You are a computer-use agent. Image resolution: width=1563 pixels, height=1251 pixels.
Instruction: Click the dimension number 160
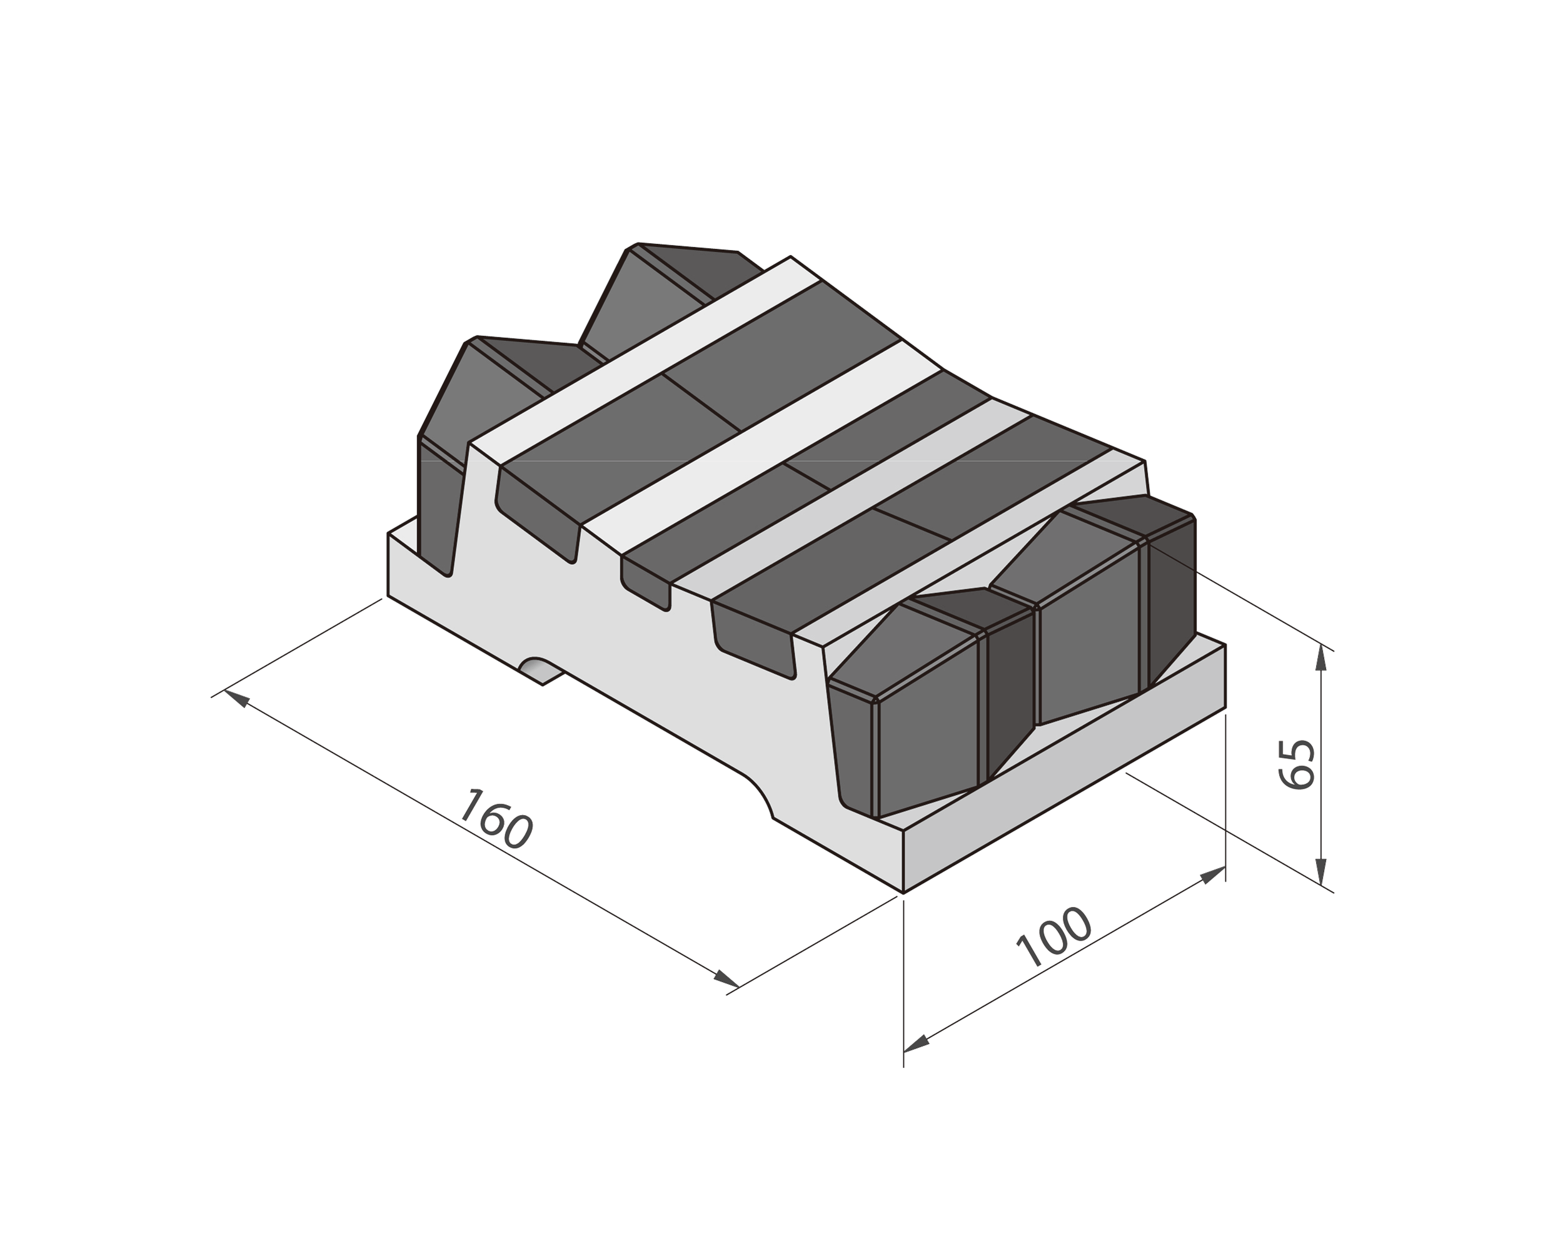pos(497,819)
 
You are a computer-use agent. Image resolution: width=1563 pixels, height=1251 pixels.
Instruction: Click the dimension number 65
pos(1296,764)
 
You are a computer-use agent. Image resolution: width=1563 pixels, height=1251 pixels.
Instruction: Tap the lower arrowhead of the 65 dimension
pos(1321,871)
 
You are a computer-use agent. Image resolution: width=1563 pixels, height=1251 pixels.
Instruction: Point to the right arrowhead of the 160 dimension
pos(726,979)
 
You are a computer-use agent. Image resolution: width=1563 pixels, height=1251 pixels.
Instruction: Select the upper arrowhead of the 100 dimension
pos(1212,874)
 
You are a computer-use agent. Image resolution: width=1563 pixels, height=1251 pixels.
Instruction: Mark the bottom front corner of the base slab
pos(903,892)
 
